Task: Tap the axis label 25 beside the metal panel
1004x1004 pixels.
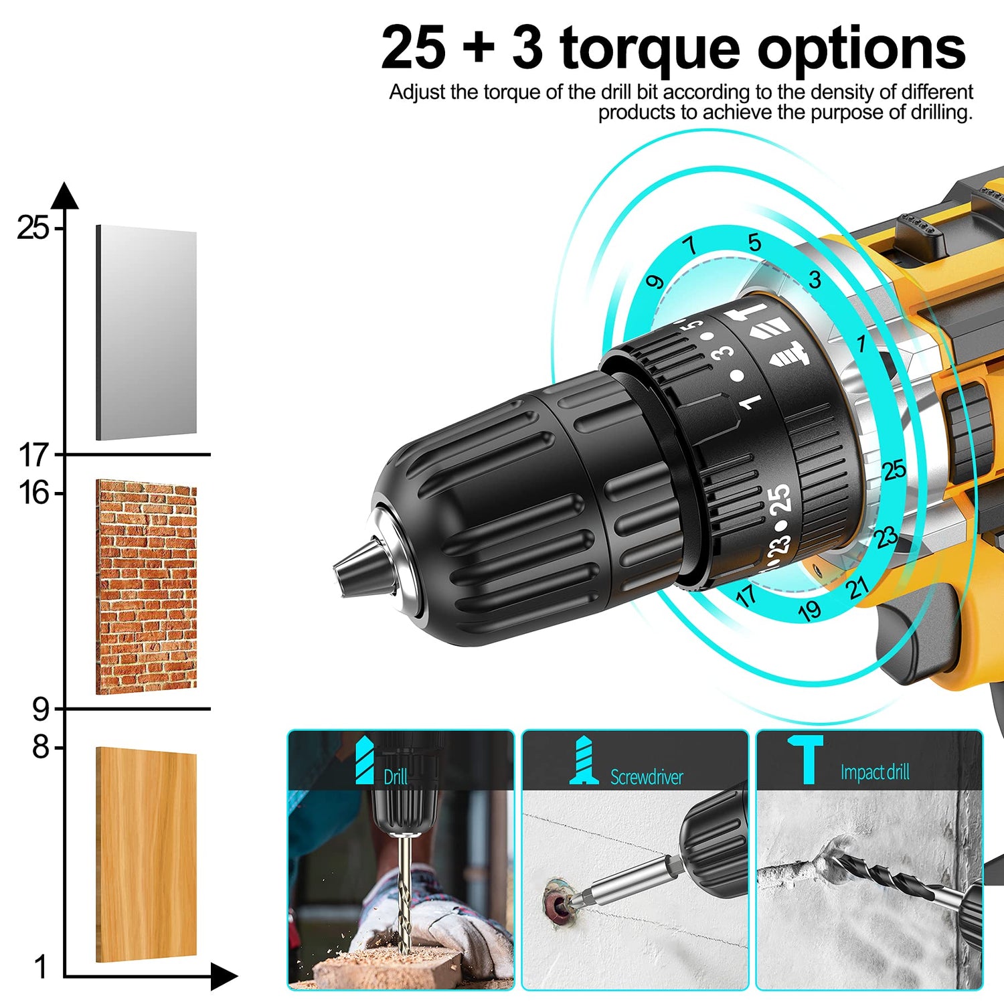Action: (33, 228)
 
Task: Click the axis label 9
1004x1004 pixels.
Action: (41, 709)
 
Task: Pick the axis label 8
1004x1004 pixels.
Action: (41, 747)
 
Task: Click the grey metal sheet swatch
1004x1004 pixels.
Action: (147, 333)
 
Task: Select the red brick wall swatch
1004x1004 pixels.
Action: (147, 586)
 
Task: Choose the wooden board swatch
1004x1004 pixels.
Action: (147, 855)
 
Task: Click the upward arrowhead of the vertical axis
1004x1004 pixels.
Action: (65, 195)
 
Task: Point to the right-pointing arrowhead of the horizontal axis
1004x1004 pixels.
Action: (224, 977)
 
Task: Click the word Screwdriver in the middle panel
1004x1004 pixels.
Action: (647, 777)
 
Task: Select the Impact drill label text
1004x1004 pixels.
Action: (875, 772)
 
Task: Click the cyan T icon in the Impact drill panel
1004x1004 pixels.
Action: (806, 758)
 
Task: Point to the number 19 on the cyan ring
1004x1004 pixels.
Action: (809, 610)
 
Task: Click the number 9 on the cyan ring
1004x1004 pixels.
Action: (655, 281)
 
